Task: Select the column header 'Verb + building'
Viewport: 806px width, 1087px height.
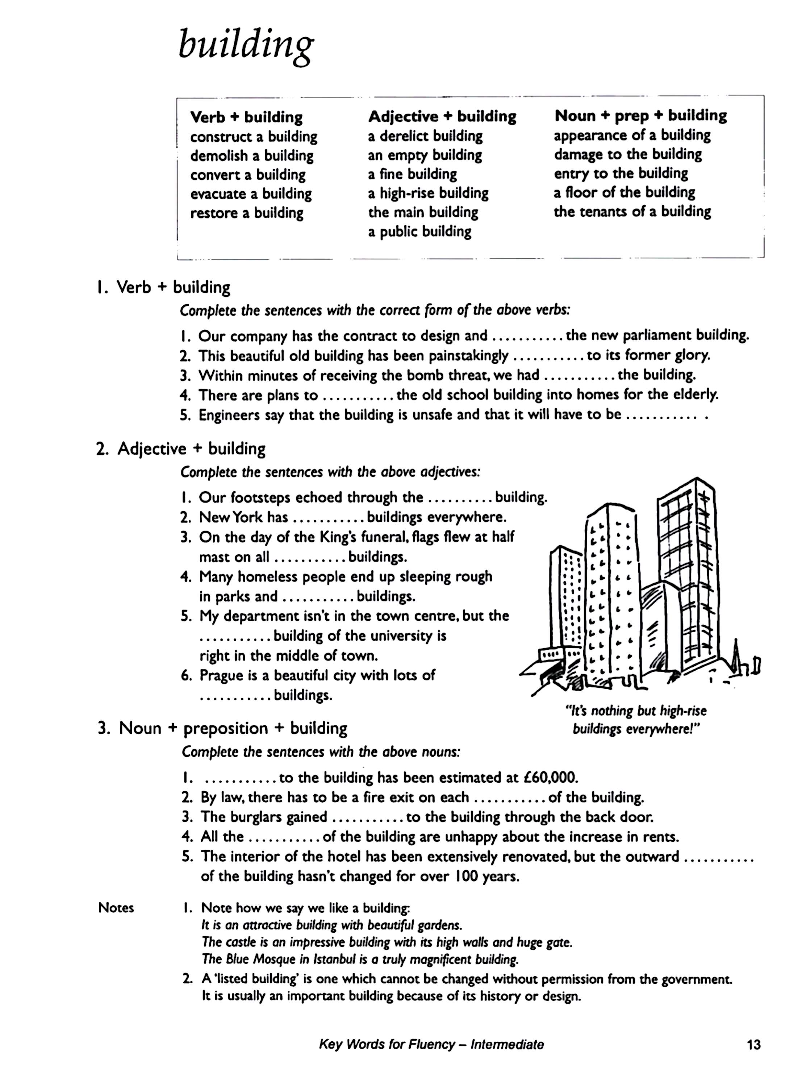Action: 246,117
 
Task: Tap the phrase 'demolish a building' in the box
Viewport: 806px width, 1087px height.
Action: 252,156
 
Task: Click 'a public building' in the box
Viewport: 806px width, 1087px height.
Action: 419,231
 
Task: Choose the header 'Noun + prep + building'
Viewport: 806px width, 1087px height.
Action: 640,116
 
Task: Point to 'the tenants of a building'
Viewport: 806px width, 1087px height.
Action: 632,211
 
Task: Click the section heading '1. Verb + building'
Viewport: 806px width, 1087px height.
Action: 163,287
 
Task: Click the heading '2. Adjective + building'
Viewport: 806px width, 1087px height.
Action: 181,448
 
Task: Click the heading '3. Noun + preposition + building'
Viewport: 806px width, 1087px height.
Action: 222,728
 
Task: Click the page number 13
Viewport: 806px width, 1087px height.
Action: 753,1045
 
